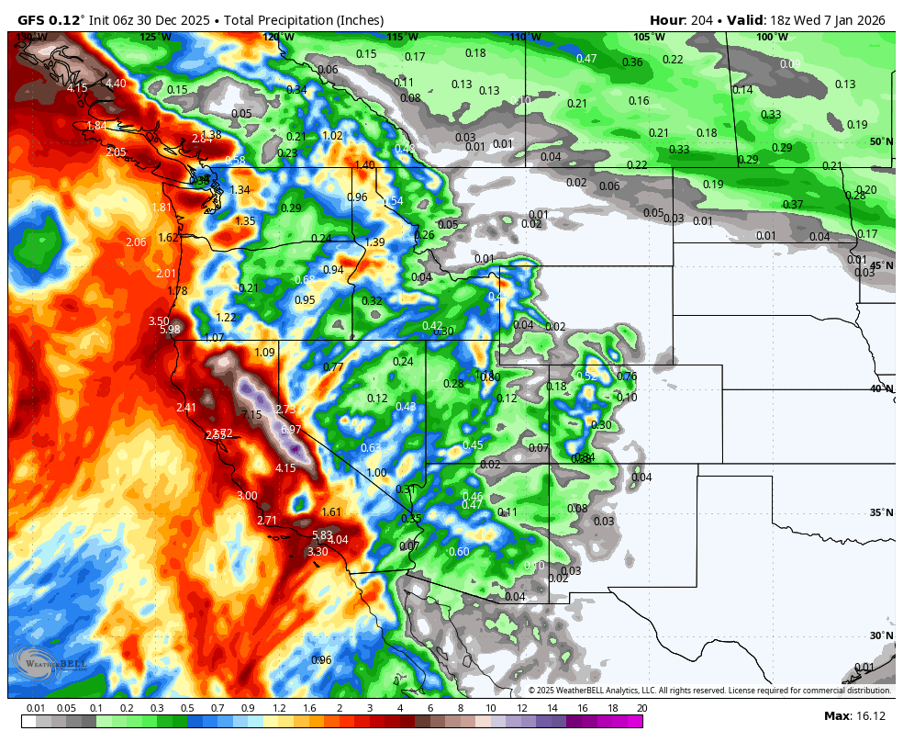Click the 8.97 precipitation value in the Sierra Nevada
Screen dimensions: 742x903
(291, 429)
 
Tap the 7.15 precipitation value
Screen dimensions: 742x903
(252, 414)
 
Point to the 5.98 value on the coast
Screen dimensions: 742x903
(170, 329)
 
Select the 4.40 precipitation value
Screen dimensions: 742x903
(116, 84)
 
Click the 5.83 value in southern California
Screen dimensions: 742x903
(322, 534)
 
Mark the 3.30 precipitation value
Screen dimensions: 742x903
(317, 551)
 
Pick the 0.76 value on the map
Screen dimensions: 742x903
(627, 376)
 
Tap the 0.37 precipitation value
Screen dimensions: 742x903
(793, 204)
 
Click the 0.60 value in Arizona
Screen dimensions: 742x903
(459, 551)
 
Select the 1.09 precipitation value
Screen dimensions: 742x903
(264, 353)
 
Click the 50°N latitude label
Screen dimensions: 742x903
(881, 141)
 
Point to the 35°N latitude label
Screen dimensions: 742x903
(881, 512)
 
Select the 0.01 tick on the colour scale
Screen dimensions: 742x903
(36, 708)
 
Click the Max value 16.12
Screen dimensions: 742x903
(867, 715)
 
